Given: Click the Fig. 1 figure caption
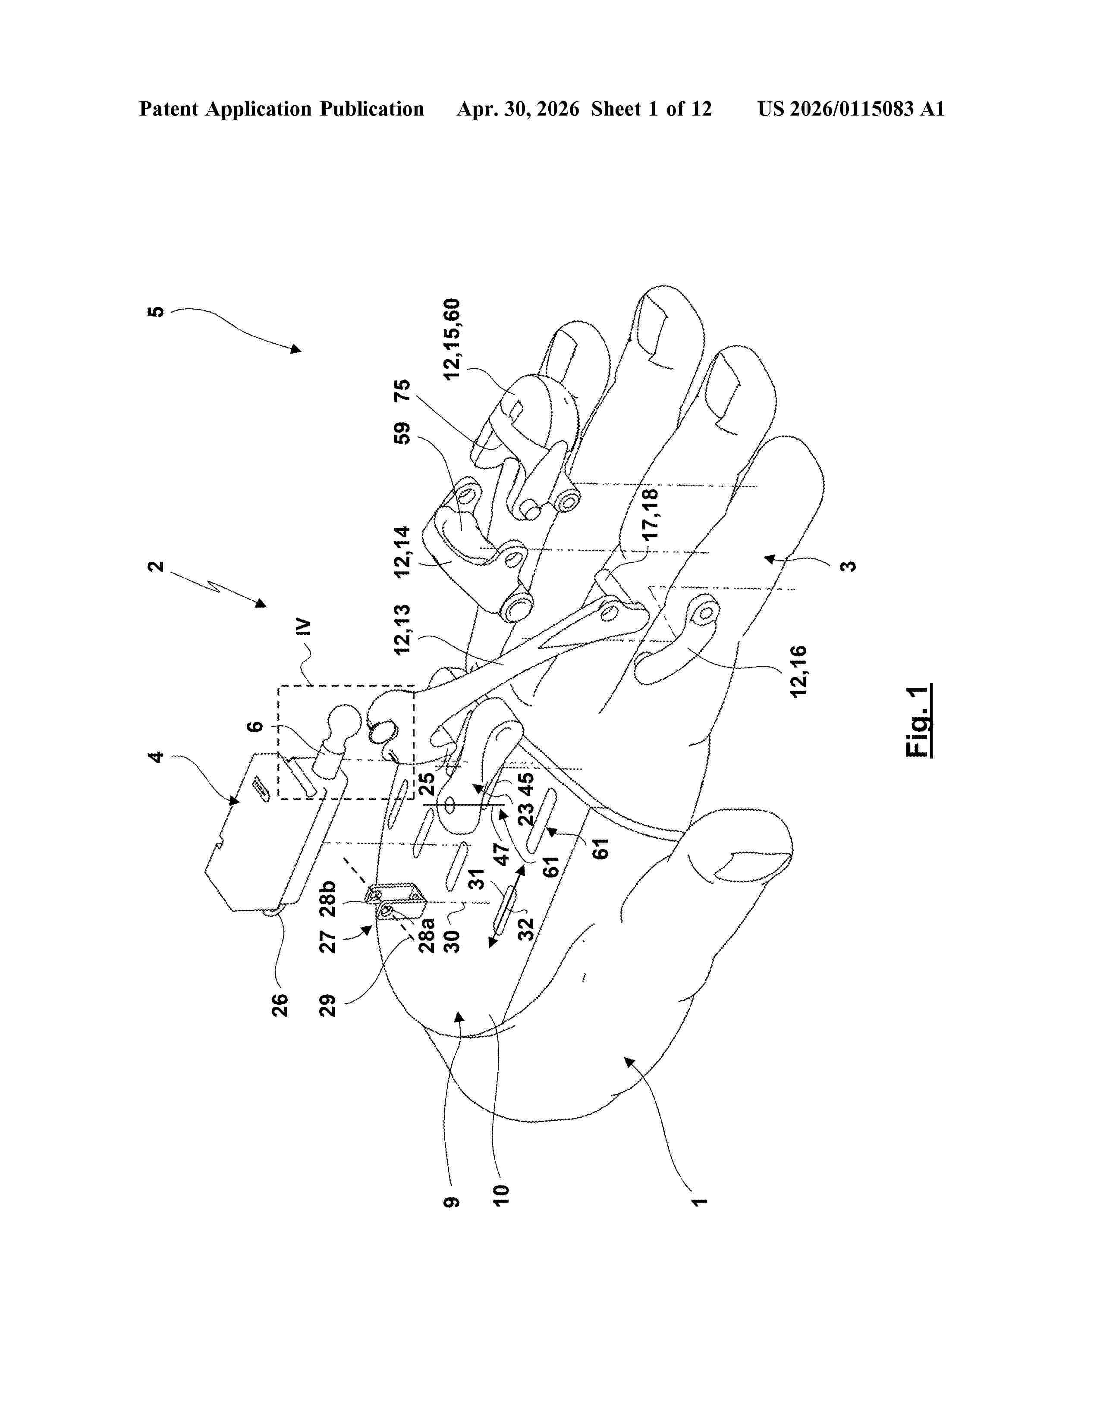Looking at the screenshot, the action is tap(918, 721).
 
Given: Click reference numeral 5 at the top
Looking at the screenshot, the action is tap(157, 311).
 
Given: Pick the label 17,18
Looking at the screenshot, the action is tap(651, 514).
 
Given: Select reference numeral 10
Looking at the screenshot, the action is tap(500, 1195).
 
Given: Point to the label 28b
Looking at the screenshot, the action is tap(328, 899).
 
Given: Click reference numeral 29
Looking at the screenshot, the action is tap(328, 1005).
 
